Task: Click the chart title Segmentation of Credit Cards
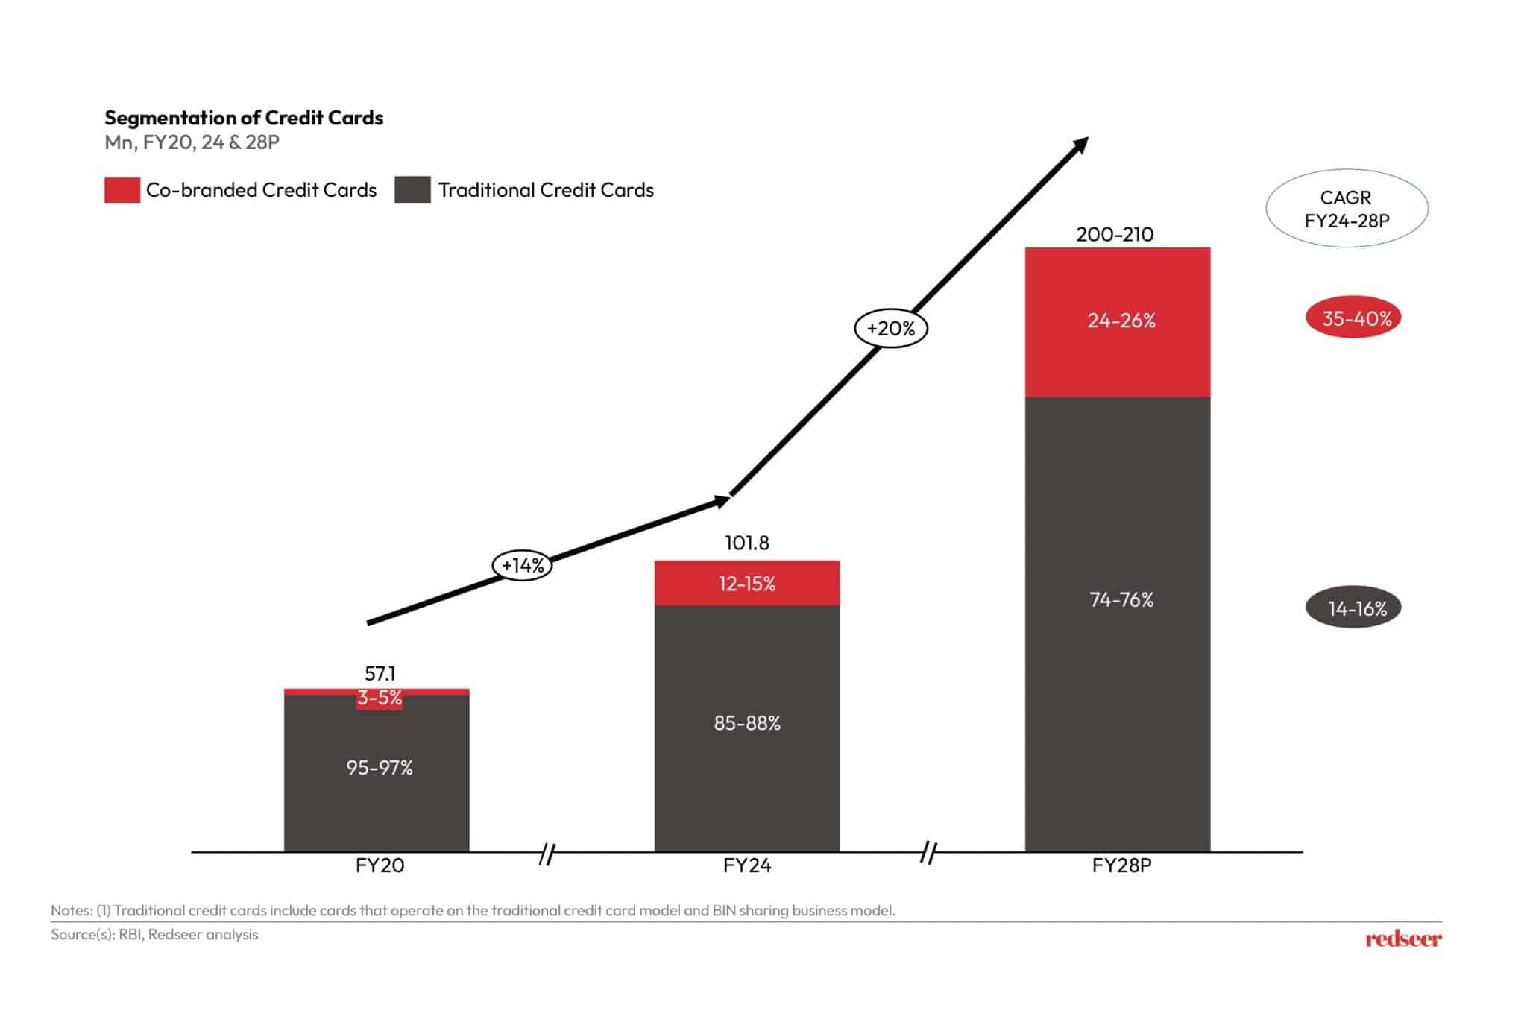coord(244,118)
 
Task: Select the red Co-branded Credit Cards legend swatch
coord(122,190)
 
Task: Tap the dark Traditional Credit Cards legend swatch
coord(412,190)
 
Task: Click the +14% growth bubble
coord(523,566)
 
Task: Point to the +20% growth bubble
coord(890,329)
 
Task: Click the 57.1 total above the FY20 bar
coord(380,674)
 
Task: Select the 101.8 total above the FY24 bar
coord(746,543)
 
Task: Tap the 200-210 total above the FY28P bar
coord(1115,235)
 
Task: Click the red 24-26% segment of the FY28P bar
coord(1118,321)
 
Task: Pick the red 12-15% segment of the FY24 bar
coord(746,584)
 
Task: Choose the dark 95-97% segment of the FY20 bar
coord(377,769)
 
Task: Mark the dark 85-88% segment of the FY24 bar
coord(746,724)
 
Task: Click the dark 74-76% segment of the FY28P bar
coord(1118,600)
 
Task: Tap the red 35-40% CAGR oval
coord(1353,319)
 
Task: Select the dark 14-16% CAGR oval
coord(1353,608)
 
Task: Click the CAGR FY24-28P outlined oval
coord(1347,209)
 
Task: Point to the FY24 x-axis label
coord(746,866)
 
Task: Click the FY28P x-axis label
coord(1121,866)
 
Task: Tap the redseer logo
coord(1403,939)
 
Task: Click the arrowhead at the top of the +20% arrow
coord(1080,145)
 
